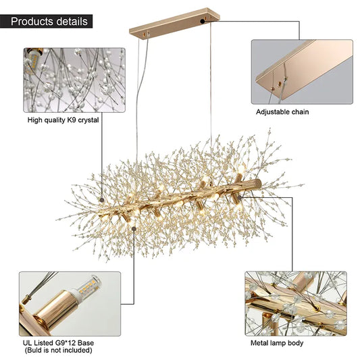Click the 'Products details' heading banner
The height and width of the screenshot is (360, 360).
46,22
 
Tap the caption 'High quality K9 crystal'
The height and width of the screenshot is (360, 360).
63,120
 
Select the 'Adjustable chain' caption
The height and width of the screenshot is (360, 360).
282,112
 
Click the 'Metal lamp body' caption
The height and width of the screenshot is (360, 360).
277,343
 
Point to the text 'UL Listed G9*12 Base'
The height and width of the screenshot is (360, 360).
58,343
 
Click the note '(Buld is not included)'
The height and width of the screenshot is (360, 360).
58,351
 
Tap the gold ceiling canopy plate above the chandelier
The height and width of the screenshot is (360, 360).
174,24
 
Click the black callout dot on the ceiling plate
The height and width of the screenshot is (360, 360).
202,22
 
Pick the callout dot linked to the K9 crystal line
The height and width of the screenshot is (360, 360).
102,200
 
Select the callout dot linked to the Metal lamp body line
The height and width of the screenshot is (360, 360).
240,197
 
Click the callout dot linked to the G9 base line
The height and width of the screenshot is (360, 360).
134,229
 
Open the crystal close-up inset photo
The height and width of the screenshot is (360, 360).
74,80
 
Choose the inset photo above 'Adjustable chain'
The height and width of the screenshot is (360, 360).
302,72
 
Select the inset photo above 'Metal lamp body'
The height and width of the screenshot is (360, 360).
296,303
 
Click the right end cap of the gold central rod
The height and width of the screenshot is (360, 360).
258,184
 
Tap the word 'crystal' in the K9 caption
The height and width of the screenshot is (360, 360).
88,120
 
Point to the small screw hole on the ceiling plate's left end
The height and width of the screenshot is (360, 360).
144,34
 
